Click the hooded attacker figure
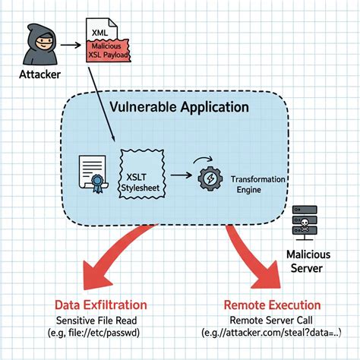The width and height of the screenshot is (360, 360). pos(40,45)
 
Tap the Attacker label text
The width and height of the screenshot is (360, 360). pos(40,74)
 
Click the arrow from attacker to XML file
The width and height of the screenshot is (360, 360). pos(71,45)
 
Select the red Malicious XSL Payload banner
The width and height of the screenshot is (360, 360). pos(109,50)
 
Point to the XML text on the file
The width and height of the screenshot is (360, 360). pos(99,33)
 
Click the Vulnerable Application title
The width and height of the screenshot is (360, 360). pos(179,107)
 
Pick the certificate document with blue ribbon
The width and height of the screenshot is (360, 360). pos(93,174)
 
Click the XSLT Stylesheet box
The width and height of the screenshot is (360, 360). pos(142,174)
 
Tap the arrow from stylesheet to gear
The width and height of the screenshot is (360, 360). pos(182,175)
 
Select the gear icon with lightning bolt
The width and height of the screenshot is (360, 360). pos(210,178)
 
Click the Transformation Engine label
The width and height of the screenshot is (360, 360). pos(257,185)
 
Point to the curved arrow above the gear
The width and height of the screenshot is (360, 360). pos(203,159)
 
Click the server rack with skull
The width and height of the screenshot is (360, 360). pos(305,223)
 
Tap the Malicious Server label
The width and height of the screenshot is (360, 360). pos(308,261)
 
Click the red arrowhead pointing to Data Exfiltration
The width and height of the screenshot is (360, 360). pos(98,276)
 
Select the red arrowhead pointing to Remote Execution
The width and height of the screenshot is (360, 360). pos(266,275)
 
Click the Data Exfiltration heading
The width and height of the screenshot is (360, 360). pos(101,305)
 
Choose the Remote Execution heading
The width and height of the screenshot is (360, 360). pos(272,305)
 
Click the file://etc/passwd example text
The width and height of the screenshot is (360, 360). pos(93,333)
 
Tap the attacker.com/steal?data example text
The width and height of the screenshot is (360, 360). pos(271,333)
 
